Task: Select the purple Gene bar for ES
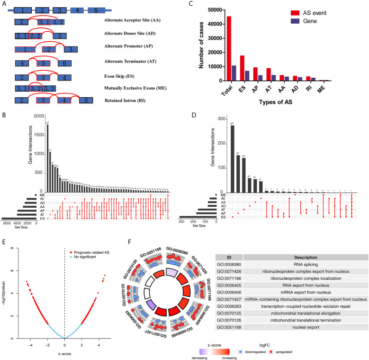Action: point(246,76)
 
